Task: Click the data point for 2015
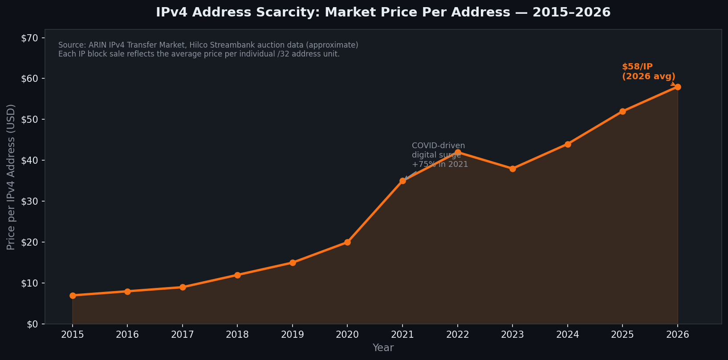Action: click(x=73, y=295)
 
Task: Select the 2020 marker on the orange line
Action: click(x=347, y=242)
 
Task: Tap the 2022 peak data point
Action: click(x=458, y=152)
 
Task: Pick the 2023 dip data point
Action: click(x=512, y=169)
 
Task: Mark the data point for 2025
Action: click(x=622, y=111)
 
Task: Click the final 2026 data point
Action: click(x=678, y=87)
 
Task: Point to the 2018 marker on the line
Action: click(x=237, y=275)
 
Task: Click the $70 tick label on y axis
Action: click(x=29, y=38)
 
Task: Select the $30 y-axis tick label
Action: click(x=29, y=201)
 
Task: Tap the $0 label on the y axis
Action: click(x=32, y=324)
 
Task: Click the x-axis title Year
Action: click(x=383, y=348)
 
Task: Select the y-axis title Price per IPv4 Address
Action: click(x=11, y=177)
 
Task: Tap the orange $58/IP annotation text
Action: click(x=637, y=67)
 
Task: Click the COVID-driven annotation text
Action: click(x=438, y=146)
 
